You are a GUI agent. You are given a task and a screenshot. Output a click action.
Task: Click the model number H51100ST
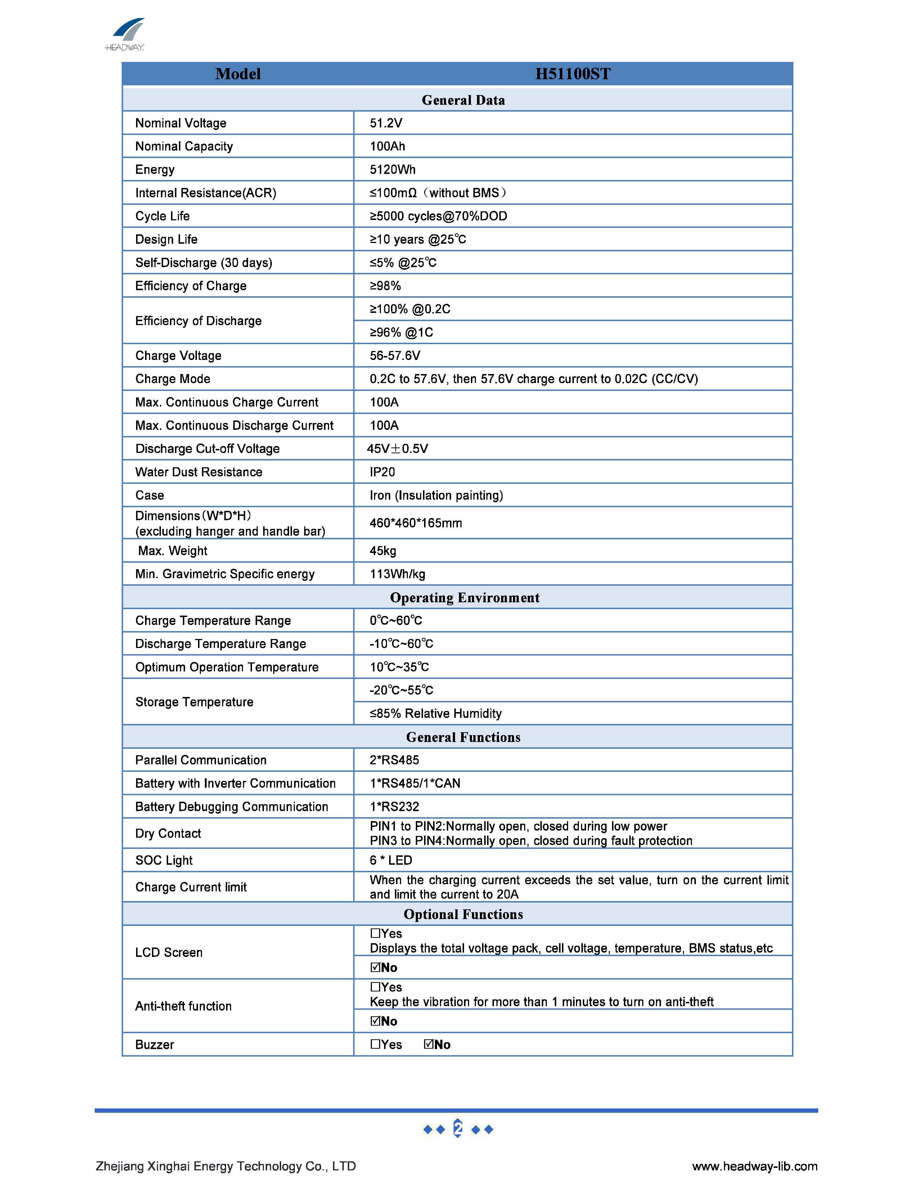click(x=573, y=74)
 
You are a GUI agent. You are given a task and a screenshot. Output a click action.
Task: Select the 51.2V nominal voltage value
click(x=386, y=123)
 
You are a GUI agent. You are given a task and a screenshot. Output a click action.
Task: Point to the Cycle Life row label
click(x=163, y=216)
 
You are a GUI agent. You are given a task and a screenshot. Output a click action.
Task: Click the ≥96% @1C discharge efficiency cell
click(x=401, y=332)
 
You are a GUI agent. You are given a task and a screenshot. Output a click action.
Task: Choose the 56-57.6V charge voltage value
click(x=395, y=356)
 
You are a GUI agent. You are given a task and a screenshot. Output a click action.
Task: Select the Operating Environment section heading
click(x=464, y=597)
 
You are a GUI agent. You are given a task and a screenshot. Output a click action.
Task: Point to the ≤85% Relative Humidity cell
click(x=436, y=713)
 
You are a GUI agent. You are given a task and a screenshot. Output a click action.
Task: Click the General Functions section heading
click(x=463, y=737)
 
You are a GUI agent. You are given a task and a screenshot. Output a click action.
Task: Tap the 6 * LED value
click(x=391, y=860)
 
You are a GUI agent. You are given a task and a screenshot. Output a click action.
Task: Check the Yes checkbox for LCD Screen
click(x=375, y=933)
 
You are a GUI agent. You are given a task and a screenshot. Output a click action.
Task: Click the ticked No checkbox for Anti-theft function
click(x=375, y=1021)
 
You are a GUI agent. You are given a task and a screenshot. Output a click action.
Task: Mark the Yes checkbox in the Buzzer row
click(x=375, y=1044)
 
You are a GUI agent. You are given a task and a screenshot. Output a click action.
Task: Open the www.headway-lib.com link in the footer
click(x=754, y=1166)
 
